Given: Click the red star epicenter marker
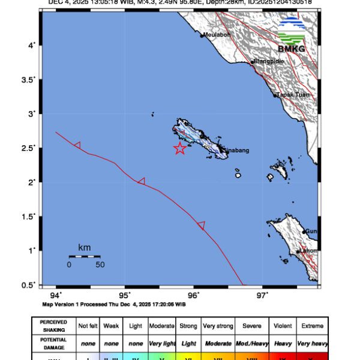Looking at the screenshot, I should (179, 149).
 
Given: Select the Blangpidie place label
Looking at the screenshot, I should (268, 61).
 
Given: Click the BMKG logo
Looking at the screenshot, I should (292, 35).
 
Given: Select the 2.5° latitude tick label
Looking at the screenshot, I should (29, 148).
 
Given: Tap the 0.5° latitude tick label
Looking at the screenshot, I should (29, 284).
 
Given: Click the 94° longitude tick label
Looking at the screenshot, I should (56, 295).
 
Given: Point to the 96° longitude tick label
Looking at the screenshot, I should (193, 295).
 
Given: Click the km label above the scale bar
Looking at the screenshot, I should (84, 247).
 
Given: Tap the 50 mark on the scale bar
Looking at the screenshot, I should (100, 264).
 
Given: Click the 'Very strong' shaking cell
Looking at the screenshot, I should (218, 326).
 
